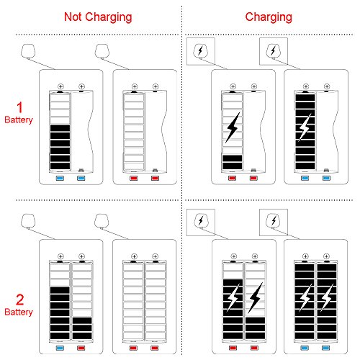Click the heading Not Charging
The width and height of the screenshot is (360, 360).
[98, 17]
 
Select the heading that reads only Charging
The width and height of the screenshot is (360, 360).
[269, 17]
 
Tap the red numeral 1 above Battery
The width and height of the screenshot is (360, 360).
[19, 107]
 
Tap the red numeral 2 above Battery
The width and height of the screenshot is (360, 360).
[20, 300]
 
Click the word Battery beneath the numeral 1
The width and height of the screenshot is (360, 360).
[19, 120]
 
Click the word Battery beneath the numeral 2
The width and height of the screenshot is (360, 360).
[19, 312]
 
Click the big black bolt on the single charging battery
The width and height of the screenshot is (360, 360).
[233, 127]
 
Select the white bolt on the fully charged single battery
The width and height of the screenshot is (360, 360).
[305, 127]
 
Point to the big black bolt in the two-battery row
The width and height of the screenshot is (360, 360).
[255, 298]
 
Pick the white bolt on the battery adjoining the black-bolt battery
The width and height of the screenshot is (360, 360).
[233, 297]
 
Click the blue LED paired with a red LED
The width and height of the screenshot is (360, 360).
[60, 348]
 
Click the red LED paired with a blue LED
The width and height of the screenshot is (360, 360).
[81, 348]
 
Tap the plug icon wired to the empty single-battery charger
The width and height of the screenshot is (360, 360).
[102, 51]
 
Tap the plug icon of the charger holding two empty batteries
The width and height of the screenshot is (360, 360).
[102, 221]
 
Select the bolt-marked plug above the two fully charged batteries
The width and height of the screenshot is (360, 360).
[274, 220]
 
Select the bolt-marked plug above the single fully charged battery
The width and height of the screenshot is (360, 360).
[274, 51]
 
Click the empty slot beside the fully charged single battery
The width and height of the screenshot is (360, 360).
[327, 131]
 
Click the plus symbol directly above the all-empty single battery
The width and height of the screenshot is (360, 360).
[135, 86]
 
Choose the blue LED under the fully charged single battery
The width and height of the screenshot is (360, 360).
[305, 178]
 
